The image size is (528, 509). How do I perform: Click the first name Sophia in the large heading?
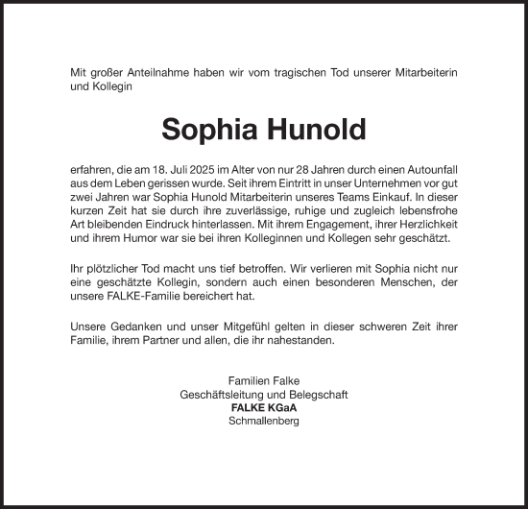[206, 129]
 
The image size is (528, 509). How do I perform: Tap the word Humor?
[140, 237]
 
